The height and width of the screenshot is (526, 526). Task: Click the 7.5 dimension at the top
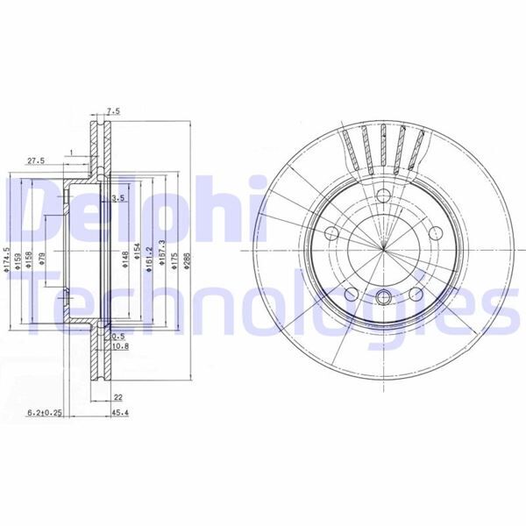coord(113,111)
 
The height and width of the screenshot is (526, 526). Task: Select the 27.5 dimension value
coord(36,161)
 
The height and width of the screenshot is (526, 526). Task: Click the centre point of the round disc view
coord(383,250)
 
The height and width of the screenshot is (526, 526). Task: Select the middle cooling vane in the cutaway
coord(383,145)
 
